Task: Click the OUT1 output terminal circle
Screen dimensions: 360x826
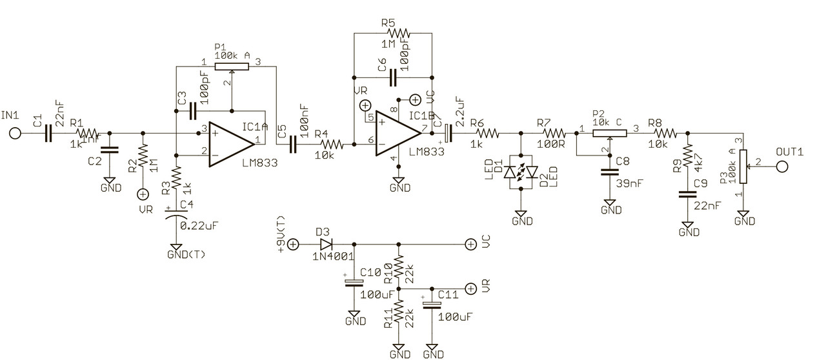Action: pos(783,166)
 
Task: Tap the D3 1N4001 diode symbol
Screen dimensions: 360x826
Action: pos(325,245)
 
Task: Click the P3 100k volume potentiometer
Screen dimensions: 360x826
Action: pos(743,166)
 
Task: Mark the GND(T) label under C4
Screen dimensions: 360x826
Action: pos(186,254)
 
